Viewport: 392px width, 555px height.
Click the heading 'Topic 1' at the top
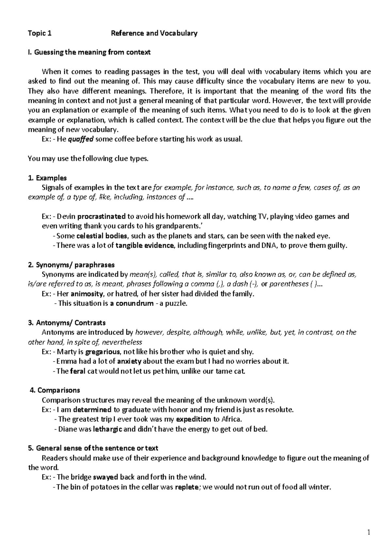40,33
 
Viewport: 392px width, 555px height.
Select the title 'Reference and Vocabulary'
154,33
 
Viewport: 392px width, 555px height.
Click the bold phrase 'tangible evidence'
145,245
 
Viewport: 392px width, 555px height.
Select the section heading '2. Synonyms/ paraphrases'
71,265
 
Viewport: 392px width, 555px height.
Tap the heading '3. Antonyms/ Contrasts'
67,323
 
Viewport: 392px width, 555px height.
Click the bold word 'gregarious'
103,352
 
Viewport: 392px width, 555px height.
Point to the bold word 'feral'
78,371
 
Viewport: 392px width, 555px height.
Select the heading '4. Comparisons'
55,390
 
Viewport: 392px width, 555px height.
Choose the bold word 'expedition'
193,419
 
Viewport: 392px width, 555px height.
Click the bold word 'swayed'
106,477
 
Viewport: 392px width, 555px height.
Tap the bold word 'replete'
187,487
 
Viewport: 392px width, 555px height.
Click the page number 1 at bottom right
369,533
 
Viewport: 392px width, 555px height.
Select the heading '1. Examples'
47,178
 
